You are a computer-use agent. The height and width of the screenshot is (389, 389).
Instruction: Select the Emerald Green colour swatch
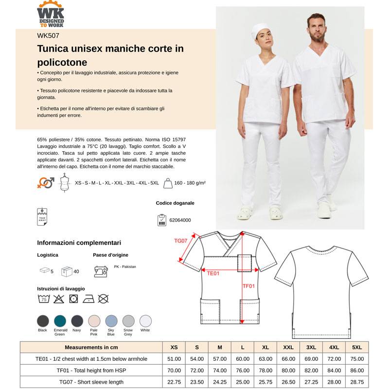point(60,320)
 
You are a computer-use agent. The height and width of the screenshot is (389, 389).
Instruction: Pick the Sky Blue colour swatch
point(111,320)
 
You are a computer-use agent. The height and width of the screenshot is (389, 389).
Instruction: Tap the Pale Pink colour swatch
point(94,320)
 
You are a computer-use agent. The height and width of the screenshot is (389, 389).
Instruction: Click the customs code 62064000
point(180,220)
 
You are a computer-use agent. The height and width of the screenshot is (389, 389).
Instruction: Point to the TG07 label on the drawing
point(181,241)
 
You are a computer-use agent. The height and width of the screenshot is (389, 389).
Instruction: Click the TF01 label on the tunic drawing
point(248,286)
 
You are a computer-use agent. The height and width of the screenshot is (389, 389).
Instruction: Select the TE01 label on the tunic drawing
point(213,273)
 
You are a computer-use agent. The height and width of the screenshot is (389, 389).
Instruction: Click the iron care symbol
point(88,299)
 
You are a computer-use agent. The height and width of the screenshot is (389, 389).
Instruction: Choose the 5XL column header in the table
point(357,347)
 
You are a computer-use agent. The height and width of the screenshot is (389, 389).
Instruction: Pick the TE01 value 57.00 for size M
point(220,359)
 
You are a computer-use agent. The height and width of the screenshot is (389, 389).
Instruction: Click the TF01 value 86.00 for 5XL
point(357,371)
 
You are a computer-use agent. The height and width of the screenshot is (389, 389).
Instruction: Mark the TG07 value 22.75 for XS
point(174,382)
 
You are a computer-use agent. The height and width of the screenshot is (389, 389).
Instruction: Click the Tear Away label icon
point(42,216)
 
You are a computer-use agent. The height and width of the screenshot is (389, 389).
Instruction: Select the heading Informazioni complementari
point(79,243)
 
